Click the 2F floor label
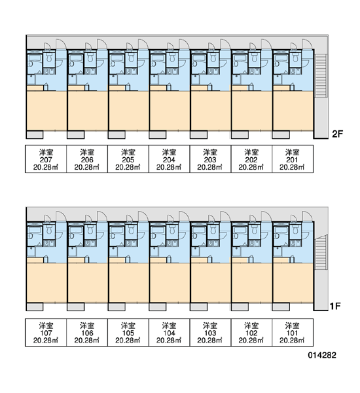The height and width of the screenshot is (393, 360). coord(337,134)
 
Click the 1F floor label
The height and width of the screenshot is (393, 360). coord(334,306)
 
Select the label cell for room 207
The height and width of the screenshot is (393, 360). coord(46,159)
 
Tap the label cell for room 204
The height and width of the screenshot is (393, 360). coord(169,159)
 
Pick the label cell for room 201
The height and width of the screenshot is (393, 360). coord(293,159)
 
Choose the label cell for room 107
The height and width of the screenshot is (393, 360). coord(46,332)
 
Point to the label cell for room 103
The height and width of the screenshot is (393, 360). coord(210,332)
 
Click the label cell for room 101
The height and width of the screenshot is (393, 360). coord(293,332)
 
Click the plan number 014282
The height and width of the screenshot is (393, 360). coord(322,355)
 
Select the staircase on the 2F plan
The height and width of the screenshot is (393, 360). coord(321,75)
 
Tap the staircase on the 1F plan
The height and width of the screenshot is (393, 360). coord(321,252)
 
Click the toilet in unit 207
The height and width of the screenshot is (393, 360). coord(49,58)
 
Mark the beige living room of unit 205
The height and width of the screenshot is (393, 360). coord(128,111)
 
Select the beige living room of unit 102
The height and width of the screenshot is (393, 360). coord(252,283)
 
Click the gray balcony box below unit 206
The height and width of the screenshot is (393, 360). coord(76,134)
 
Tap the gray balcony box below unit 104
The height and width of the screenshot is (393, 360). coord(158,307)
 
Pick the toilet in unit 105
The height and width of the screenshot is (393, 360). coord(131,230)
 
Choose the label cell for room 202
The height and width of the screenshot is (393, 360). coord(251,159)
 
